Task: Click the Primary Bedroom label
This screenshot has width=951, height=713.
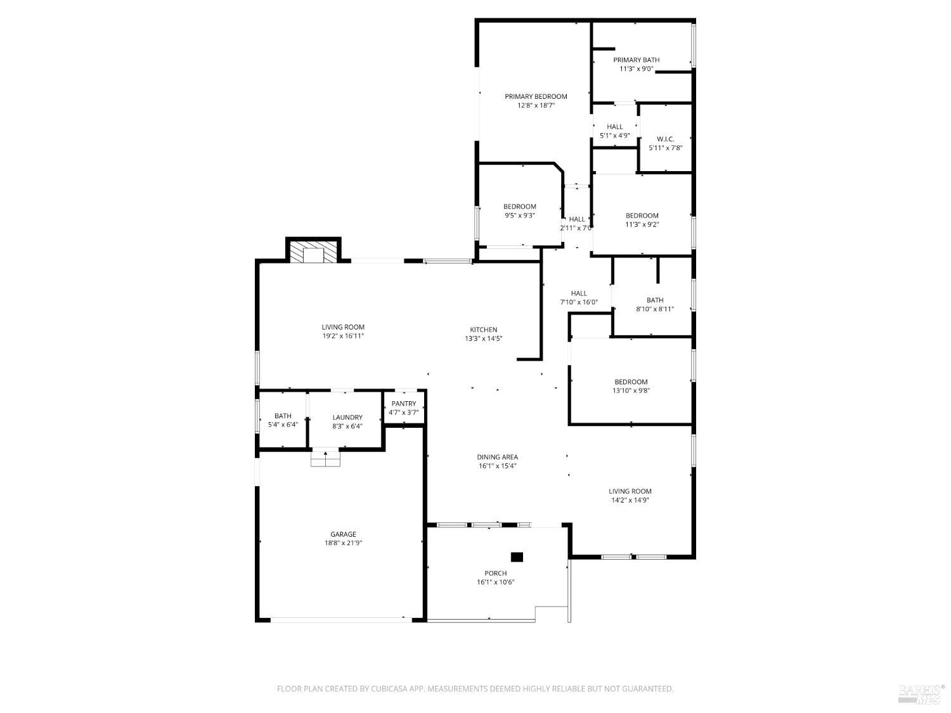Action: [536, 96]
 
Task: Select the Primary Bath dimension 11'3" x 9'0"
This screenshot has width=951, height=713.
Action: [636, 69]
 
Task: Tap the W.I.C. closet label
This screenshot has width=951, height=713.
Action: [665, 139]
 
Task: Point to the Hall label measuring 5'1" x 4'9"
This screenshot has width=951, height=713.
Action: [614, 127]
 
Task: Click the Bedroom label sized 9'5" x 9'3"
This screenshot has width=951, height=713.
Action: [519, 207]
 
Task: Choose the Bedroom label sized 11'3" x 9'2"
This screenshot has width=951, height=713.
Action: [642, 215]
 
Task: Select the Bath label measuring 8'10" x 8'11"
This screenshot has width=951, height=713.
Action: [655, 300]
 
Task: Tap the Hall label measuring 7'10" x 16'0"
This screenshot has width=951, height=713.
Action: [578, 293]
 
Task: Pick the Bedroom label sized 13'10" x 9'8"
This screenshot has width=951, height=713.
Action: [631, 382]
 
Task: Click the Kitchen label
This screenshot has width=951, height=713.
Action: [483, 330]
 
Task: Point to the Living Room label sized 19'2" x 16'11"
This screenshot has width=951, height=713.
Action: [342, 327]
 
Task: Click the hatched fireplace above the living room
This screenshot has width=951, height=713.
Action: [314, 251]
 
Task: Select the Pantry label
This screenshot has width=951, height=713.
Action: [404, 404]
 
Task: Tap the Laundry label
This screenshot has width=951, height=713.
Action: [347, 417]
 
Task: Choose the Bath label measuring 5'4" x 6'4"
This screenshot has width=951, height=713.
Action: [283, 416]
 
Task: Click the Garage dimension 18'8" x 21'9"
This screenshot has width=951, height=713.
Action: [342, 543]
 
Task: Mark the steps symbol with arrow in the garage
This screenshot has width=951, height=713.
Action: [325, 458]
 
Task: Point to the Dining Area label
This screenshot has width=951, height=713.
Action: [497, 457]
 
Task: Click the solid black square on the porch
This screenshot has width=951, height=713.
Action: [517, 557]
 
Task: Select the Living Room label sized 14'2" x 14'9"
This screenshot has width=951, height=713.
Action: [630, 491]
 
